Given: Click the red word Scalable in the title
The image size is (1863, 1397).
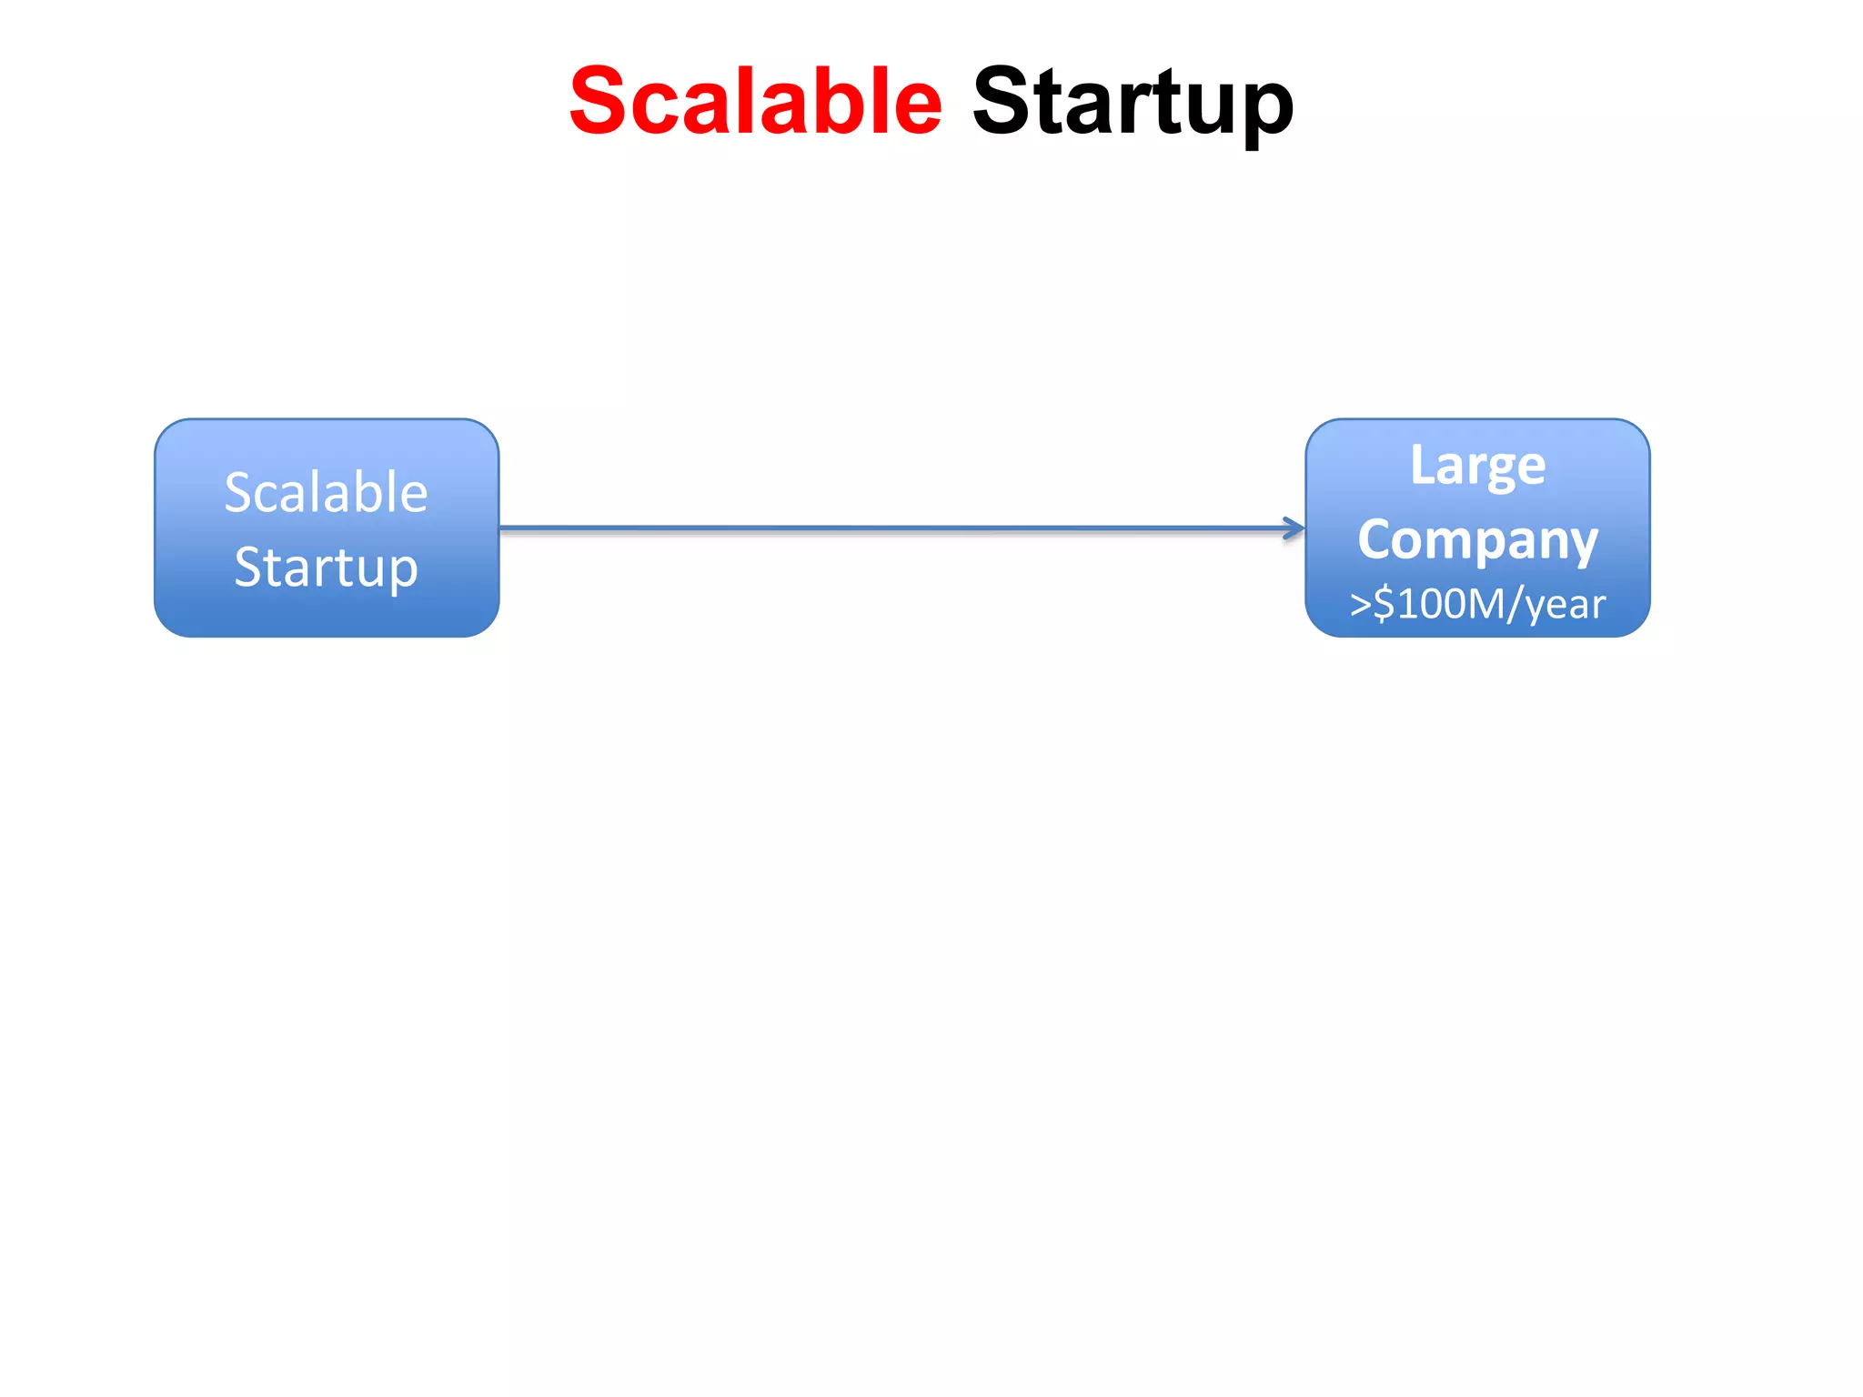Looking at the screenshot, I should tap(755, 102).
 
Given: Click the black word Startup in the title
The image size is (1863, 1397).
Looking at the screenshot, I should tap(1133, 102).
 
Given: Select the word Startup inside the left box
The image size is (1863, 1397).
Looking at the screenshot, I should tap(326, 568).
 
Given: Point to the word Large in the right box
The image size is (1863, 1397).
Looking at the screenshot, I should tap(1477, 467).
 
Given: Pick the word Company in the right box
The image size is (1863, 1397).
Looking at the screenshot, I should tap(1477, 541).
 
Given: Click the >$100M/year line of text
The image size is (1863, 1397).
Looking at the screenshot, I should tap(1477, 604).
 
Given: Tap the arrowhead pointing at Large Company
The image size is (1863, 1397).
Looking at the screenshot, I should tap(1295, 528).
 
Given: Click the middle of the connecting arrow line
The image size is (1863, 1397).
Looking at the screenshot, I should tap(901, 528).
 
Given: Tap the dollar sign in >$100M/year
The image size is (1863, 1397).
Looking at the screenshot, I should tap(1384, 604).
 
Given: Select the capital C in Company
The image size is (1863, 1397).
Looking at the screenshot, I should tap(1375, 539).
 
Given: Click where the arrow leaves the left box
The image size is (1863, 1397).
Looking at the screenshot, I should tap(503, 528).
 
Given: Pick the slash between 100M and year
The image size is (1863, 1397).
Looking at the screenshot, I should tap(1516, 604).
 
